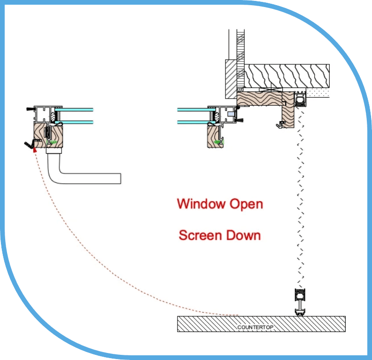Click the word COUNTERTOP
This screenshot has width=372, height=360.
255,327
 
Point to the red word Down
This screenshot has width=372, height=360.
243,235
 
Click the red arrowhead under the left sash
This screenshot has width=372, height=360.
35,149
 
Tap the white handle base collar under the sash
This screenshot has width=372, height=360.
54,151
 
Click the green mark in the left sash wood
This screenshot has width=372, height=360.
54,142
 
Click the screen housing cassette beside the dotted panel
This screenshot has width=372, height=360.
300,99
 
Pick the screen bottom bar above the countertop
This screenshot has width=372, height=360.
300,302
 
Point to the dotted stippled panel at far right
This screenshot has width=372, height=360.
318,93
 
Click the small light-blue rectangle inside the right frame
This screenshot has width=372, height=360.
231,114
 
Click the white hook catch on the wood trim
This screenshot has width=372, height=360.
280,125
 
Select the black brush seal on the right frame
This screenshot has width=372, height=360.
240,120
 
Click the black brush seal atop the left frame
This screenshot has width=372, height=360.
31,109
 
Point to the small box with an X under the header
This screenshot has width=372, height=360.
271,90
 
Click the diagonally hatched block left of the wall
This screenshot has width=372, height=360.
231,79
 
